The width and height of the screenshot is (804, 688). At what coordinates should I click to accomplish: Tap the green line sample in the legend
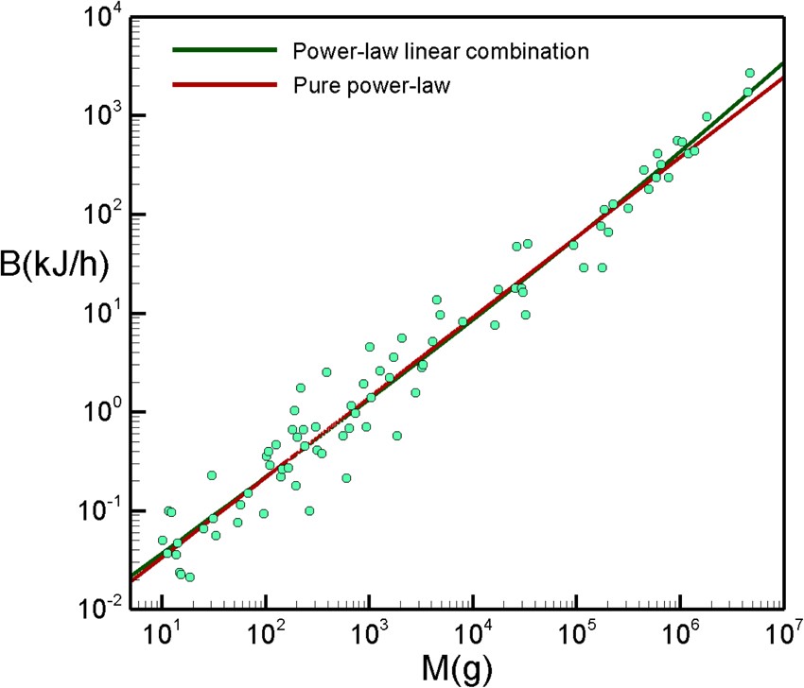click(225, 50)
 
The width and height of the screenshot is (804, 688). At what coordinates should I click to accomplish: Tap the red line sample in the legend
click(225, 85)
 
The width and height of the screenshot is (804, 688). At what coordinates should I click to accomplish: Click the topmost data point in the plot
click(749, 73)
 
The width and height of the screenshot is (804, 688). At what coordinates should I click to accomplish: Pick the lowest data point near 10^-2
click(189, 576)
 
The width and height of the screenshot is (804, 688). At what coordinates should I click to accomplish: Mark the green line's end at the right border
click(781, 63)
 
